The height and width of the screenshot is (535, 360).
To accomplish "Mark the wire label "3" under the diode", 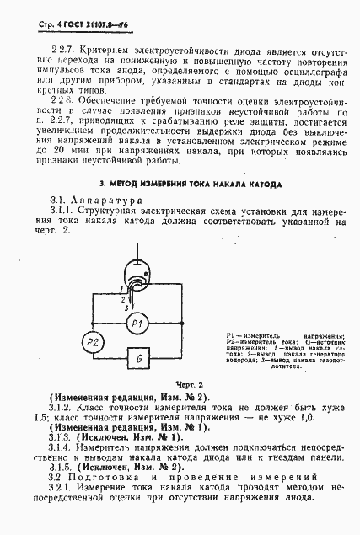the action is coord(128,308).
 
